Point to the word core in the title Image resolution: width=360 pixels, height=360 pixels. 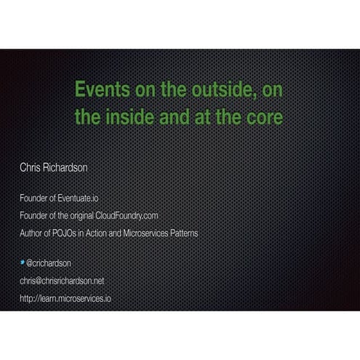point(263,116)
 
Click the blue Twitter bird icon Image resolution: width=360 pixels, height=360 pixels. point(23,262)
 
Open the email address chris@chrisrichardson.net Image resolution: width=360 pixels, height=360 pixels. point(63,281)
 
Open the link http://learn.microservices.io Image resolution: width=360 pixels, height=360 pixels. point(65,298)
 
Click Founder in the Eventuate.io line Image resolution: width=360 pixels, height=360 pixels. point(34,198)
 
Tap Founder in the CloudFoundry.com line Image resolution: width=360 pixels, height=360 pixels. point(34,216)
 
